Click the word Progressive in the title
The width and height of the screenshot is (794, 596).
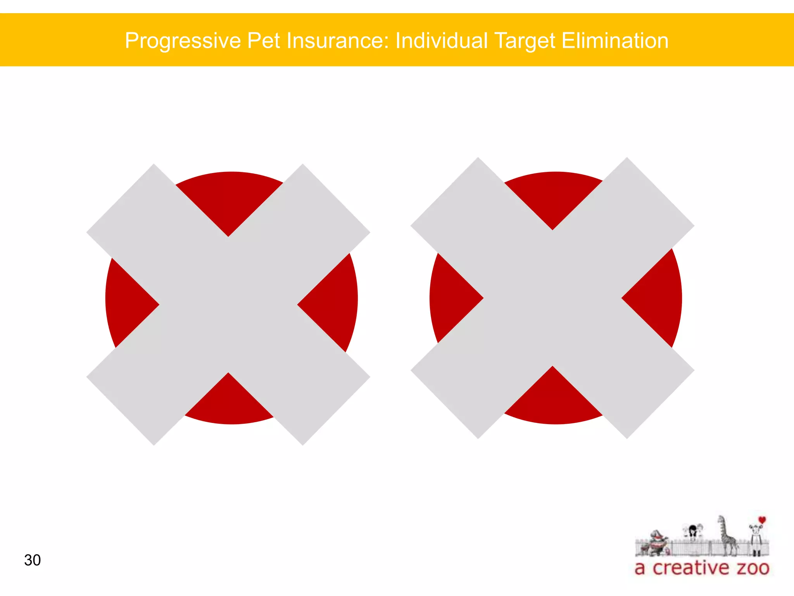tap(183, 41)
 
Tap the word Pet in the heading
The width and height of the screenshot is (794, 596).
tap(263, 40)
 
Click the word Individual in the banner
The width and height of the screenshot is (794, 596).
tap(441, 40)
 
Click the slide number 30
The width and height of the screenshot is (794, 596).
tap(32, 560)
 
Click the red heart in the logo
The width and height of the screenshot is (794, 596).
tap(762, 520)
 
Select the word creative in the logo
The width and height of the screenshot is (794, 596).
tap(691, 568)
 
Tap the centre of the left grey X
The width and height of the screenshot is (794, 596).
tap(228, 305)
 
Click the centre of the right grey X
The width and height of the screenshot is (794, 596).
tap(552, 298)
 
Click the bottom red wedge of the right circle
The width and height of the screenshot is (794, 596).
tap(554, 400)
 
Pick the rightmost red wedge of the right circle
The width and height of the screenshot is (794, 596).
tap(655, 298)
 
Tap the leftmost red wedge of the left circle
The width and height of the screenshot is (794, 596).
tap(128, 303)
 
